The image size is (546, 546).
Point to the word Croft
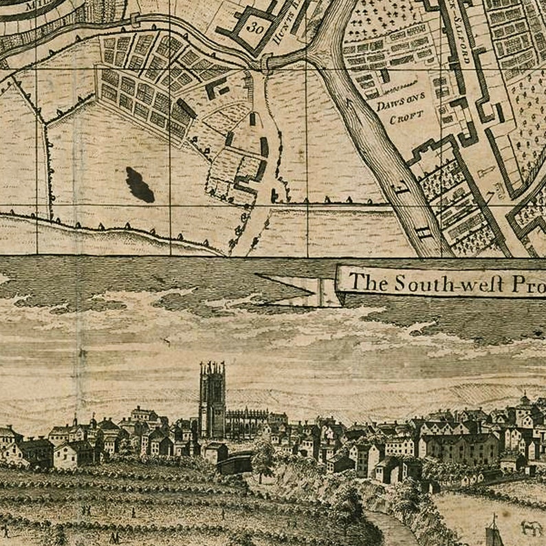coord(403,119)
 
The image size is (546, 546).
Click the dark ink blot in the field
coord(140,184)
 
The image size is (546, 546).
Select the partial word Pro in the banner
coord(529,283)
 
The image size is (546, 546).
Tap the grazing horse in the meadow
coord(530,528)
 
